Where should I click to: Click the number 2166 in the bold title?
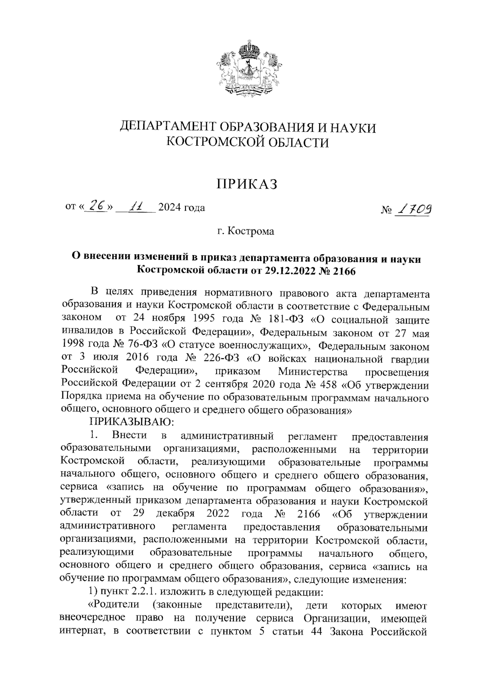[343, 270]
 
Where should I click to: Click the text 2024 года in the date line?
[182, 208]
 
